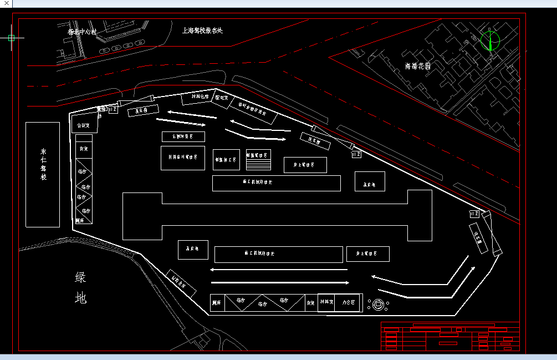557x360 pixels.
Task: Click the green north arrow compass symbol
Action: pos(490,40)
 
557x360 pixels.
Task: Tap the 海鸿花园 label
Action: pos(418,66)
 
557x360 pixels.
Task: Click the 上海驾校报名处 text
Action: pos(202,31)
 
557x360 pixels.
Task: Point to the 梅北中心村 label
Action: pos(82,32)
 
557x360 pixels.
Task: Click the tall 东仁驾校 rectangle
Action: pos(43,174)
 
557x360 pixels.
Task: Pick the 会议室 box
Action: pos(84,125)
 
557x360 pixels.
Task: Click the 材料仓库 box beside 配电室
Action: pos(197,98)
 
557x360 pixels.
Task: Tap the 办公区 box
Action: pos(349,302)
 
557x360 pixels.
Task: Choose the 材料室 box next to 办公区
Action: pos(326,302)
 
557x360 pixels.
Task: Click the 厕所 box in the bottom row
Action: pos(217,303)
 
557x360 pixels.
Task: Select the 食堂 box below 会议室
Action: pos(84,149)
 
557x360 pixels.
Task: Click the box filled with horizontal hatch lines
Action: pos(258,160)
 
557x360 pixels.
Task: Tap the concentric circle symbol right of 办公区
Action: pos(379,303)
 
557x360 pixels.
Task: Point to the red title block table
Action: pos(450,336)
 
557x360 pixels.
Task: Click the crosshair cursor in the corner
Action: pos(12,38)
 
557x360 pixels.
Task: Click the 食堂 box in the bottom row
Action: pos(311,303)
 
